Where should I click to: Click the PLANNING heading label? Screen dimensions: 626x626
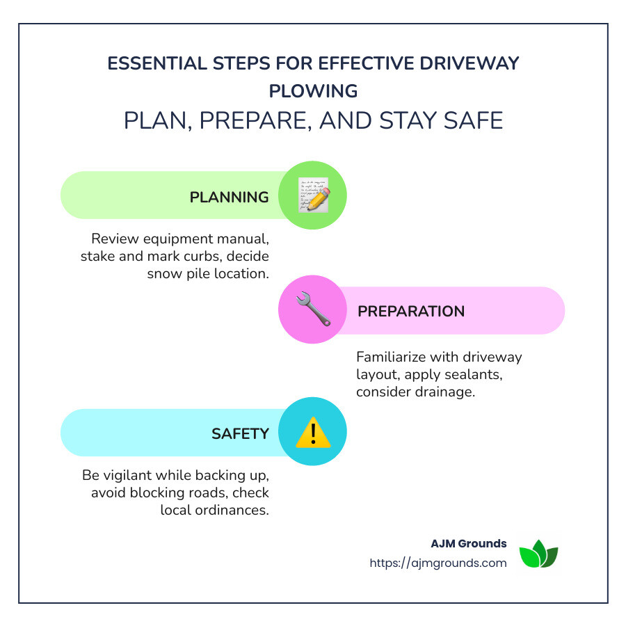tap(229, 197)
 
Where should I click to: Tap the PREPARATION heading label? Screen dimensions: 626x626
tap(411, 311)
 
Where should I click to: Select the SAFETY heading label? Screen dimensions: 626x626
tap(240, 433)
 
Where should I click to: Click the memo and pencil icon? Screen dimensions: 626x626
tap(312, 195)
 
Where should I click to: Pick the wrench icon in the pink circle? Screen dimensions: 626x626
tap(312, 310)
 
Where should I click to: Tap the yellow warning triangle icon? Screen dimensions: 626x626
tap(312, 432)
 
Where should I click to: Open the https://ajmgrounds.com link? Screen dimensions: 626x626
tap(438, 563)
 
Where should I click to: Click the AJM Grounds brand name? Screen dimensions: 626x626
tap(469, 543)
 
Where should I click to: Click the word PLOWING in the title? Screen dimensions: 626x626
tap(313, 91)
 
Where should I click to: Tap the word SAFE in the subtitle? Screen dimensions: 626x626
tap(472, 120)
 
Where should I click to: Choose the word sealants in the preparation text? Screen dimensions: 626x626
tap(494, 374)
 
